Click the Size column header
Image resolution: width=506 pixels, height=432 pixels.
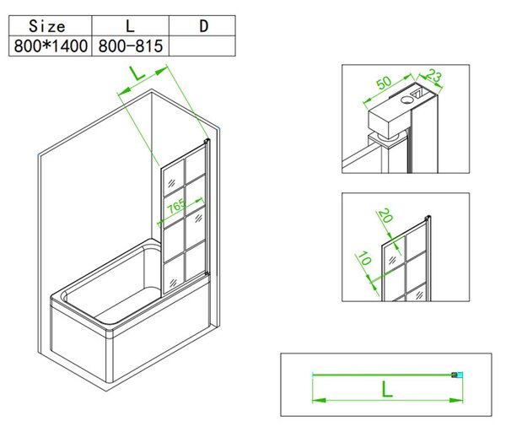pos(46,26)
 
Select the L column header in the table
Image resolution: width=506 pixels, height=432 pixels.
pos(130,26)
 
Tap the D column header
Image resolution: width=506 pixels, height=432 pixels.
pos(203,26)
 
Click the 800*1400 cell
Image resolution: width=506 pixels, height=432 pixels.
pos(51,46)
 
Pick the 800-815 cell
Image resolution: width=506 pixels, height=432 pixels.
pos(131,46)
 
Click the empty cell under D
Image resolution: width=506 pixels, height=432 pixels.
pos(202,46)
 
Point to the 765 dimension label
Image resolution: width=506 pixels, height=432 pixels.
pos(176,206)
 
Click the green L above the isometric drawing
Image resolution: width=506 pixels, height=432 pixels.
pos(138,73)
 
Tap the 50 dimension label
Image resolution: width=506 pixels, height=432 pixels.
pos(384,83)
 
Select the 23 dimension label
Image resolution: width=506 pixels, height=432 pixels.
pos(433,76)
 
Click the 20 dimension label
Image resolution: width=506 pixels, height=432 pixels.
pos(385,215)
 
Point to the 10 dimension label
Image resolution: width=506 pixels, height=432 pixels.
pos(364,259)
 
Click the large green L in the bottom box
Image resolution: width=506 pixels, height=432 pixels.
pos(387,389)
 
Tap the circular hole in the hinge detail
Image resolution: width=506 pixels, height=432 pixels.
pos(406,100)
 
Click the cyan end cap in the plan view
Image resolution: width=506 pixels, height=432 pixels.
pos(460,375)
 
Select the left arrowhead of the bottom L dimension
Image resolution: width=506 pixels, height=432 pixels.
pos(319,401)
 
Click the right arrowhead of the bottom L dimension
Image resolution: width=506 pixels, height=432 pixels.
pos(456,401)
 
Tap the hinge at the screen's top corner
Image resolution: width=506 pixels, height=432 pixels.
pos(207,141)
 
